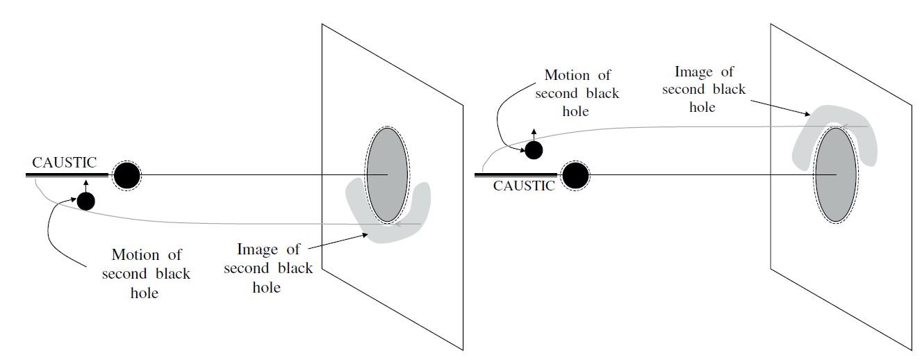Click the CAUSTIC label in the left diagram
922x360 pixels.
[64, 163]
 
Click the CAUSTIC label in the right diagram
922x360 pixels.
[524, 186]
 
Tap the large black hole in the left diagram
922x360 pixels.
[126, 175]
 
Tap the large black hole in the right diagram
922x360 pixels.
[575, 175]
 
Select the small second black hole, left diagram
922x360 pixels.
[85, 201]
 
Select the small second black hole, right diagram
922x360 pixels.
[534, 149]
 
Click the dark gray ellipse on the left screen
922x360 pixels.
[387, 174]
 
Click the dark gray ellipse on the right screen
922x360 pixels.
[835, 174]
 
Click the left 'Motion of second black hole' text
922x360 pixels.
[146, 274]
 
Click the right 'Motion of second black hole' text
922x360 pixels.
[577, 93]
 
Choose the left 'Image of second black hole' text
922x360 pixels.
[268, 268]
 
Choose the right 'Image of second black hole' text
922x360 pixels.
[703, 89]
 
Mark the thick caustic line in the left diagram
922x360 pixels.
[67, 175]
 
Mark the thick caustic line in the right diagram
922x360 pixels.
[516, 175]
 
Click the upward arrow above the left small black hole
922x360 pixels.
[85, 185]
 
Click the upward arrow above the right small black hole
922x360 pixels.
[534, 134]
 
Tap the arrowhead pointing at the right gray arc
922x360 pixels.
[807, 114]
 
